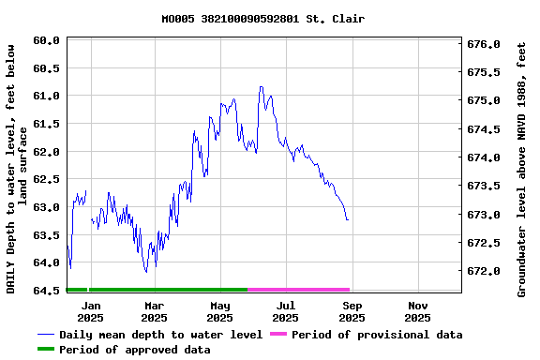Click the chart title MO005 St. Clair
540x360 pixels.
(262, 19)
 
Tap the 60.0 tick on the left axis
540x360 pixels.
(46, 41)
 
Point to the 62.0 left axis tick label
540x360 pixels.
(46, 152)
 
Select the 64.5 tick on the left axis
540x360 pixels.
(46, 292)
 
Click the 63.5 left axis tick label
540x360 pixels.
(46, 236)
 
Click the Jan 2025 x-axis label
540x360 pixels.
(91, 311)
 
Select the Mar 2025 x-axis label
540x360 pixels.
(154, 311)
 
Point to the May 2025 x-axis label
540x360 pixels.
(219, 311)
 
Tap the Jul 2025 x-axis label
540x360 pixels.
(285, 311)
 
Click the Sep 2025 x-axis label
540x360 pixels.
(352, 311)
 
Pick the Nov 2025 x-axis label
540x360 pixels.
(418, 311)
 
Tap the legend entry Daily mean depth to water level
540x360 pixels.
(160, 335)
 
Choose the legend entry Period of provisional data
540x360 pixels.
(376, 335)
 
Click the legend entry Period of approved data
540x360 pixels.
(134, 350)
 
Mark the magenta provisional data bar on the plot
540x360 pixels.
(298, 290)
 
